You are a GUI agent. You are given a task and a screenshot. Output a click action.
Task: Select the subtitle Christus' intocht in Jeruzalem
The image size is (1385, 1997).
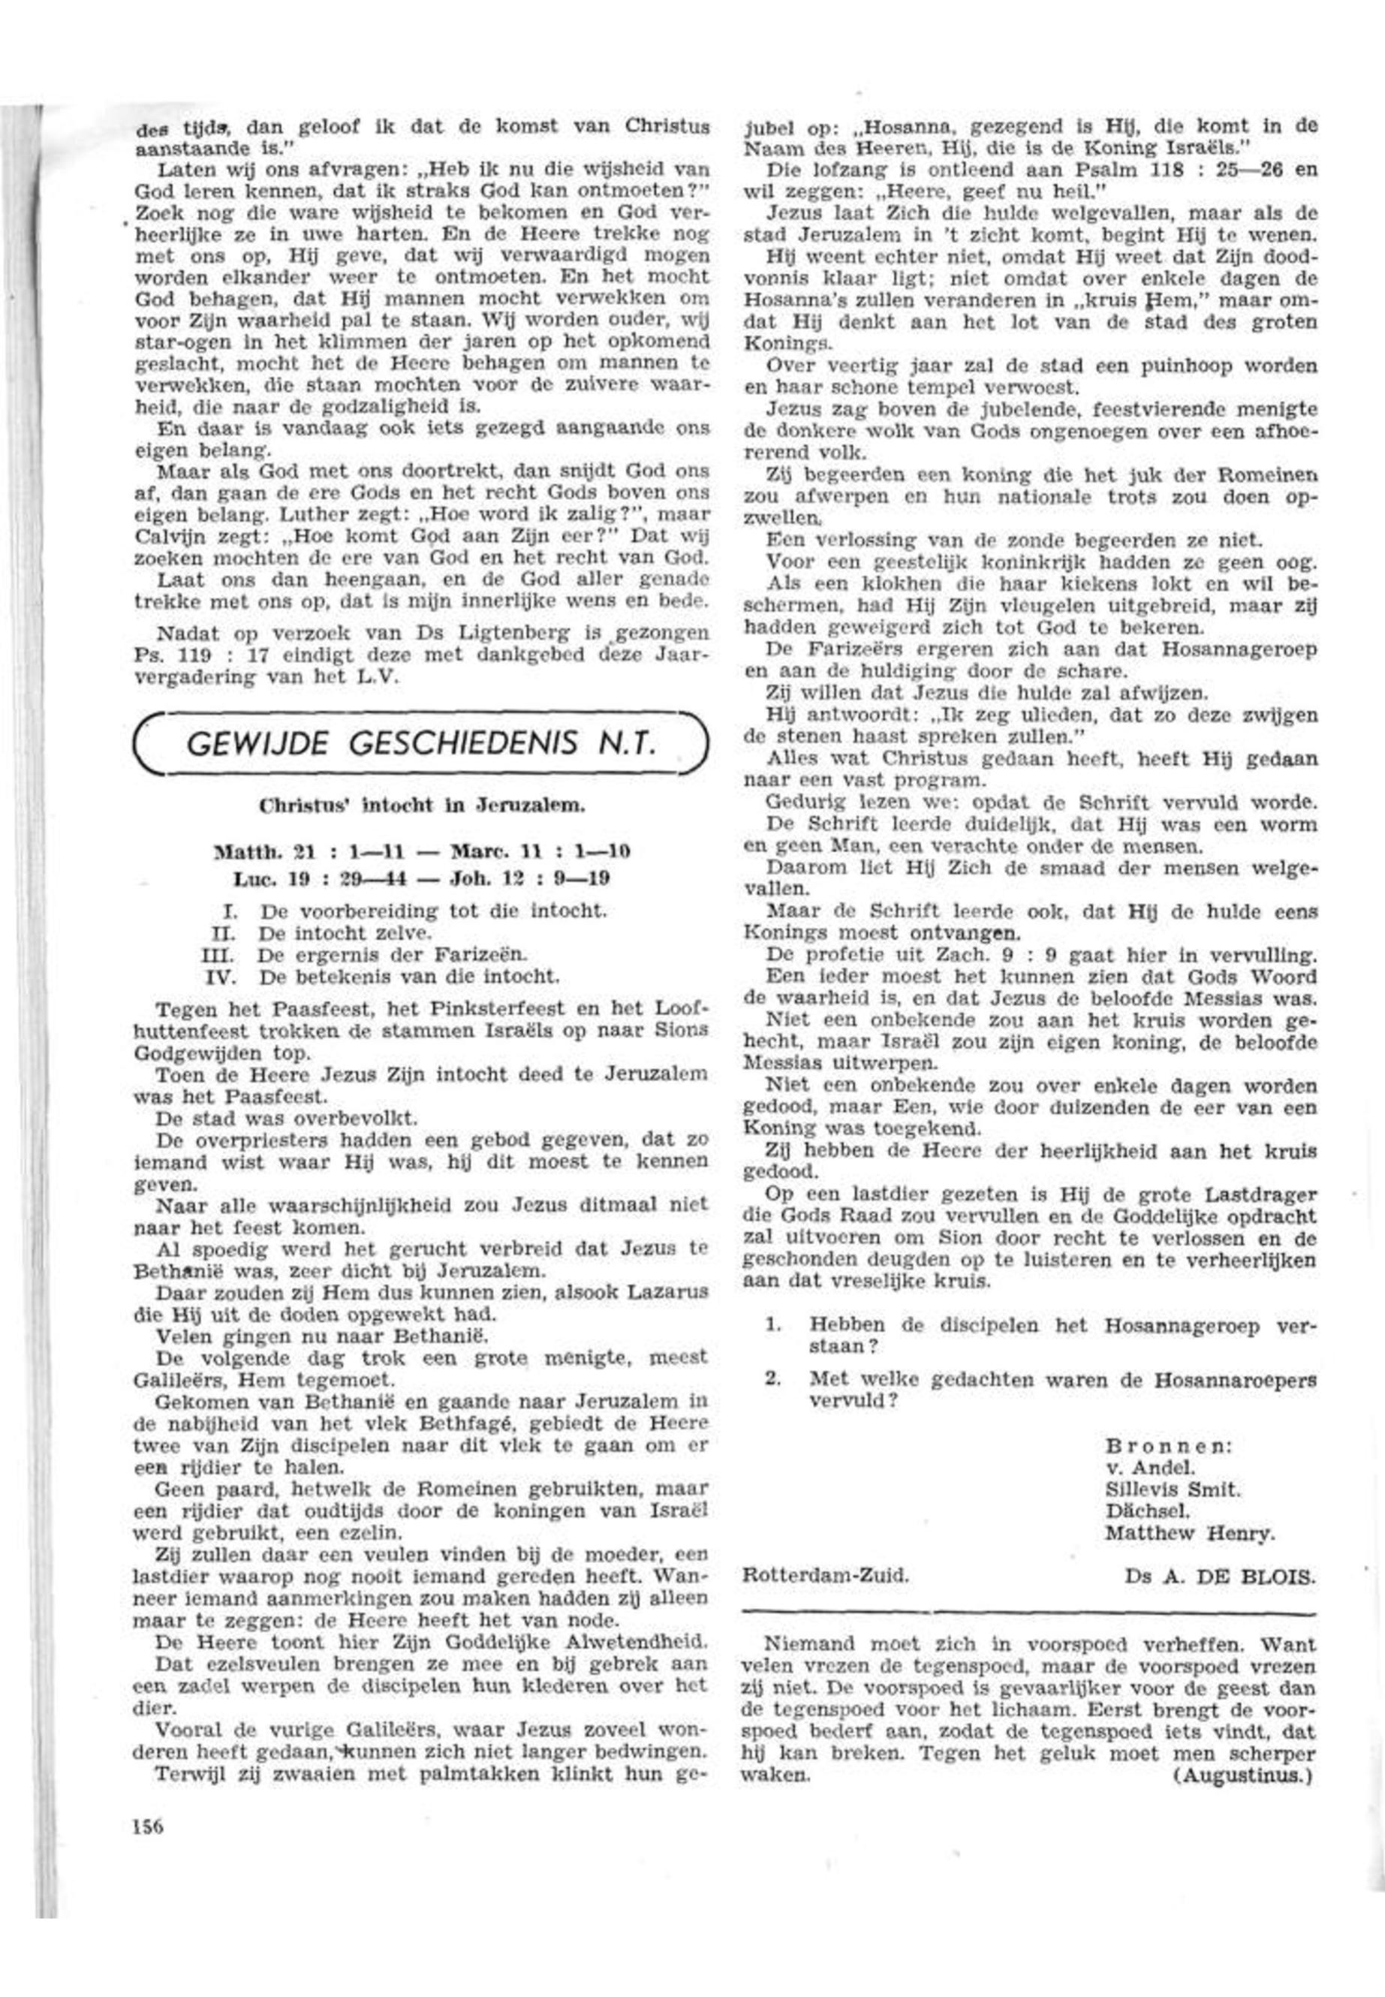pos(423,805)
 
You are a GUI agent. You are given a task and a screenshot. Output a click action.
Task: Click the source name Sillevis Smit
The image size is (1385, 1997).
pos(1173,1490)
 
